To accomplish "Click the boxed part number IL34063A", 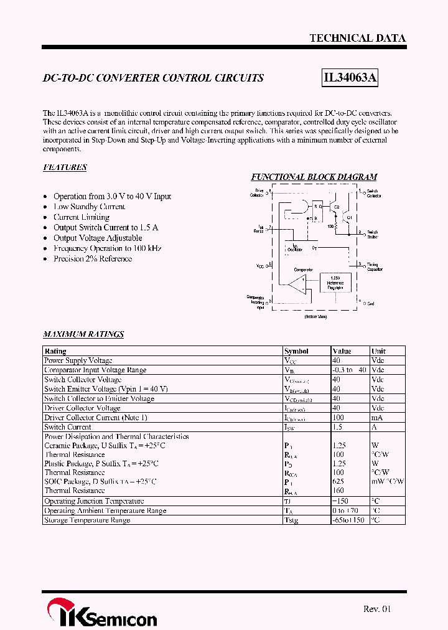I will click(x=350, y=78).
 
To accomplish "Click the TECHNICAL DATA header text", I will click(x=358, y=38).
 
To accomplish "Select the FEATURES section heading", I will click(x=65, y=167).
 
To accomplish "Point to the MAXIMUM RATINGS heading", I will click(x=83, y=334).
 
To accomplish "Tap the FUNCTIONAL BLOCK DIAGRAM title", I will click(x=314, y=177).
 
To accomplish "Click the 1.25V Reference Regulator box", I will click(x=335, y=283).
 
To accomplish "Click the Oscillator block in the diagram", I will click(x=295, y=248).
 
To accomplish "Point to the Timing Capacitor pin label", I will click(x=372, y=266).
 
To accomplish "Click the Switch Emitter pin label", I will click(x=372, y=234).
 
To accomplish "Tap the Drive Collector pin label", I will click(x=257, y=193).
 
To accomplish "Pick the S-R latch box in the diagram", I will click(x=317, y=212).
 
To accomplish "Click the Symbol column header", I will click(x=296, y=351).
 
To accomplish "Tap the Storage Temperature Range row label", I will click(x=87, y=520).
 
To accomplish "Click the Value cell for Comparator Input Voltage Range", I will click(x=349, y=370).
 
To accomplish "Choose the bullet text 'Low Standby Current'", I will click(x=89, y=207).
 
